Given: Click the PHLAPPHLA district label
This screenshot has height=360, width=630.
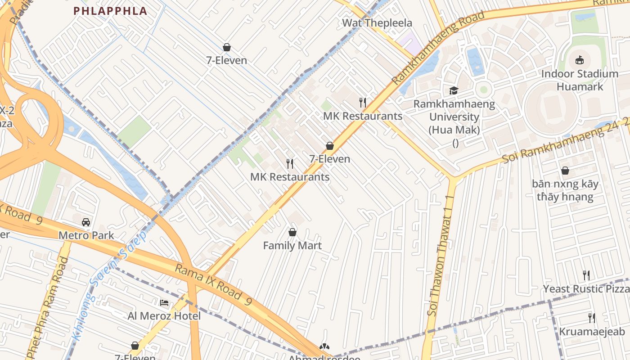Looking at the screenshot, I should [x=110, y=11].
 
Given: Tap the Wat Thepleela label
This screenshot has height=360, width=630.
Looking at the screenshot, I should [x=377, y=23].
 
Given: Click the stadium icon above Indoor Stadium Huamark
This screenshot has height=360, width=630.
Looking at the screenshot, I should [x=580, y=60].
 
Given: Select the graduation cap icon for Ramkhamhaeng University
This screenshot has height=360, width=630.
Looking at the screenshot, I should [x=454, y=91].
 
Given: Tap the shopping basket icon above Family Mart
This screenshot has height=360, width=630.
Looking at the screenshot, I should [x=292, y=232].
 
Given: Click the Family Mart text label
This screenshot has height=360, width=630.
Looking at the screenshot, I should [x=292, y=246].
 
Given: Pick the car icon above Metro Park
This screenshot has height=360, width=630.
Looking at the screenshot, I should [x=86, y=222].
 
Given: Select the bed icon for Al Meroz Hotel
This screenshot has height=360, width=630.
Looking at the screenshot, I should [x=164, y=303].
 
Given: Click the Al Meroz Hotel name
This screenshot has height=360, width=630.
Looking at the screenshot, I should [x=164, y=316].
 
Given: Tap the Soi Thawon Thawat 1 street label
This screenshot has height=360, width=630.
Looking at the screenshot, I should [x=441, y=261].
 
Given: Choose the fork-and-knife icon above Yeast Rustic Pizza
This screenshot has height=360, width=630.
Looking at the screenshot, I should [x=586, y=275].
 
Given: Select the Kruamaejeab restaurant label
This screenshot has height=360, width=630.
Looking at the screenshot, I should [x=592, y=332].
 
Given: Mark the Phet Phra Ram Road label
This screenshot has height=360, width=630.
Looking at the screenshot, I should [x=48, y=306].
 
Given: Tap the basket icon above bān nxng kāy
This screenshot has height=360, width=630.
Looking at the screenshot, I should [x=565, y=171].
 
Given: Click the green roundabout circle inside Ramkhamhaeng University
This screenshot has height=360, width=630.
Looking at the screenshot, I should [x=484, y=89].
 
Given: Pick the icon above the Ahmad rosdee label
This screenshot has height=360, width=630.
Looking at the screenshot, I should [x=324, y=346].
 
